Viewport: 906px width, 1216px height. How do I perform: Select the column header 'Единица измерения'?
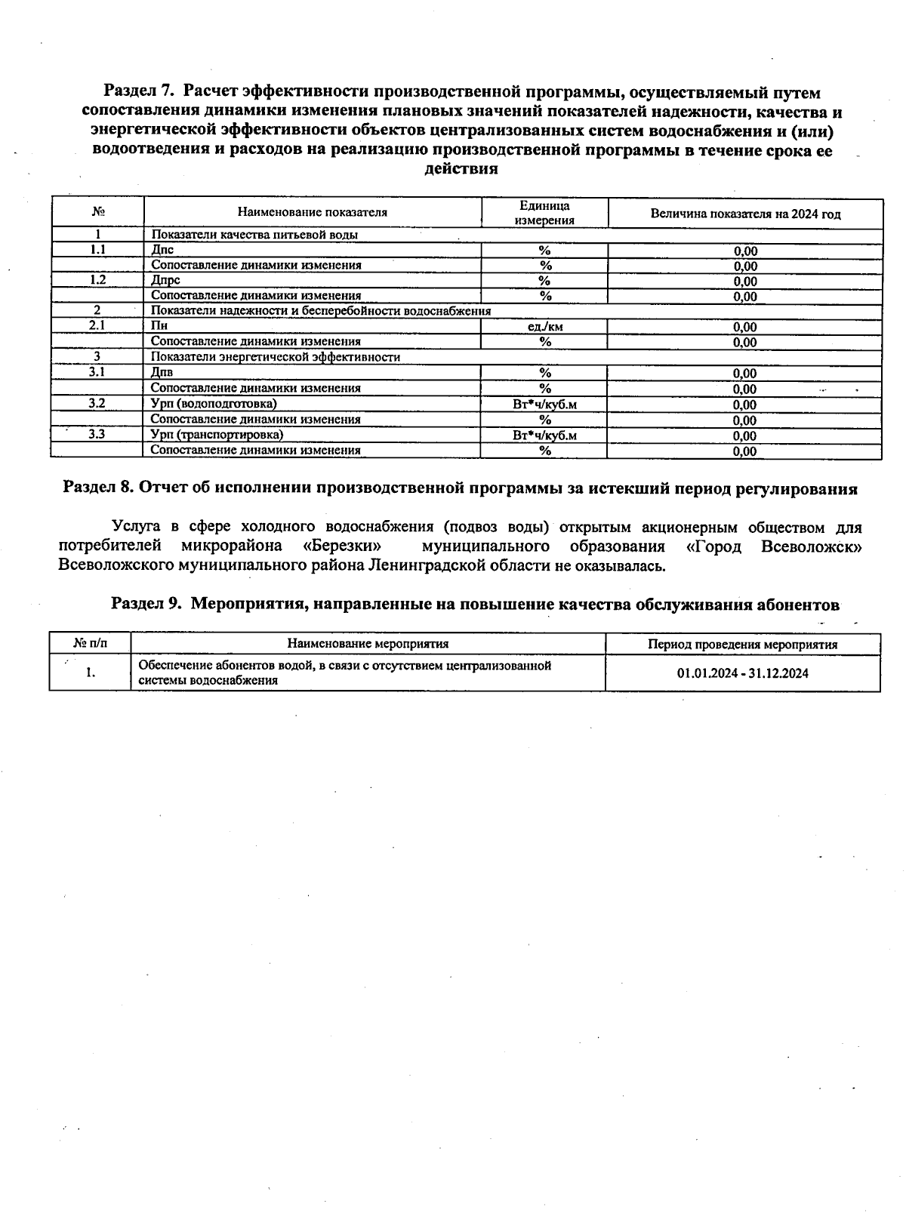(x=544, y=213)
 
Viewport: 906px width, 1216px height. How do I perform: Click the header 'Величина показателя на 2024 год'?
(x=745, y=214)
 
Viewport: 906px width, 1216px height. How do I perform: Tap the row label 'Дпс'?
(x=162, y=250)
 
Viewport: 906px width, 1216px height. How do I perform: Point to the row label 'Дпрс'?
(x=165, y=280)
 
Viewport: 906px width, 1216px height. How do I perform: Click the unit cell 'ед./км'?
(x=544, y=327)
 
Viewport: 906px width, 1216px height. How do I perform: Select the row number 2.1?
(x=97, y=325)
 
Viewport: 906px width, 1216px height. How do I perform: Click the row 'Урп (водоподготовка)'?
(x=214, y=404)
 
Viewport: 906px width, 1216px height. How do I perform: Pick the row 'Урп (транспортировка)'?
(x=217, y=435)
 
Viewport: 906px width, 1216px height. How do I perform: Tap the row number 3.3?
(x=97, y=434)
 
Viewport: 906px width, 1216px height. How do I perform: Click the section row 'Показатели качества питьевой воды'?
(x=254, y=235)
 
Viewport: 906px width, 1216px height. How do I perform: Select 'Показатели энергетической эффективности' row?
(x=276, y=357)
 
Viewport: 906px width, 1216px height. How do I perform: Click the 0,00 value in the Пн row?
(x=744, y=328)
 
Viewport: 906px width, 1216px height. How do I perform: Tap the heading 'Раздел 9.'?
(x=146, y=604)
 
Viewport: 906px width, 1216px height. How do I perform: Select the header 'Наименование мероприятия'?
(x=368, y=644)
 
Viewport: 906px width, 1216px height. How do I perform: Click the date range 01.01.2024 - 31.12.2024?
(x=742, y=673)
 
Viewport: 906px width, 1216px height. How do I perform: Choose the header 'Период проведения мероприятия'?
(x=742, y=645)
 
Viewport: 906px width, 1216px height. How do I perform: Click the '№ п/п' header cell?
(x=90, y=644)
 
